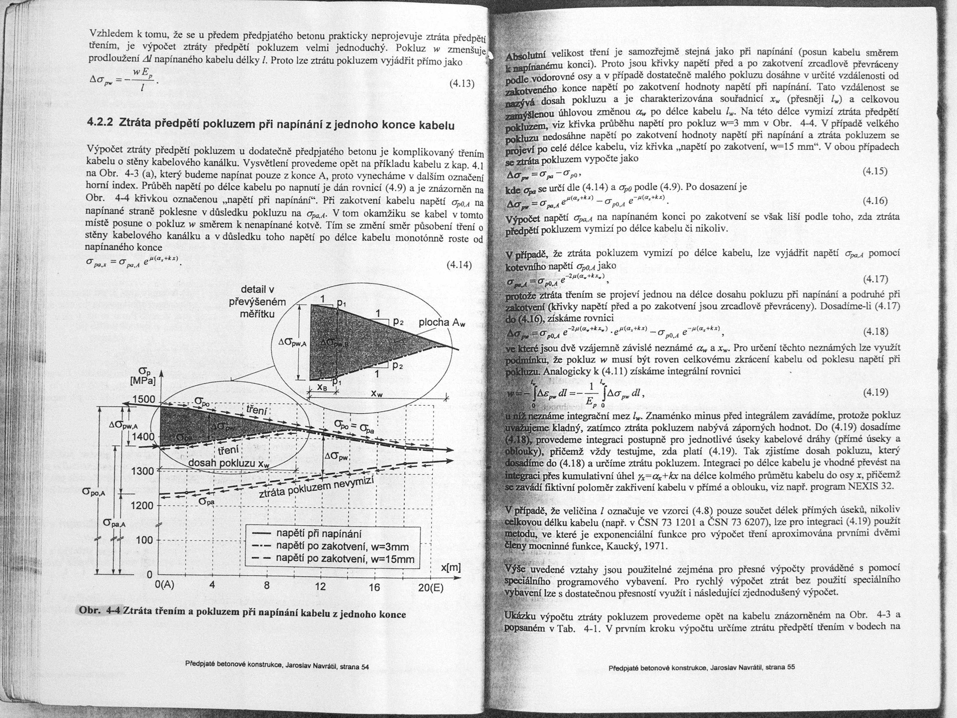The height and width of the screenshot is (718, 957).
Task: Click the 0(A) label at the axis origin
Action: point(164,586)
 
